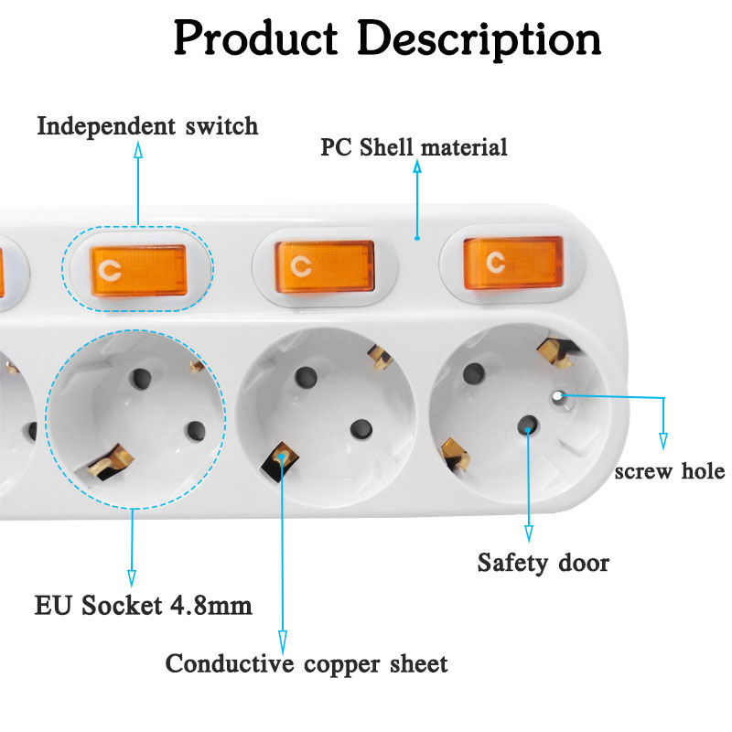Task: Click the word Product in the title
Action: coord(255,39)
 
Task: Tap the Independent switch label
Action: coord(147,125)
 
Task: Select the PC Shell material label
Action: coord(414,147)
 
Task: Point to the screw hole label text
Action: coord(670,472)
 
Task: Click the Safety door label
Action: coord(544,562)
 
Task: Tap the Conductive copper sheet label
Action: coord(307,663)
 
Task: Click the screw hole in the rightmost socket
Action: coord(557,396)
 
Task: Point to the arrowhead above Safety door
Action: coord(529,534)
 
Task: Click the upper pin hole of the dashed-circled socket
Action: coord(143,378)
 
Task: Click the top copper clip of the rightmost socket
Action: coord(551,350)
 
